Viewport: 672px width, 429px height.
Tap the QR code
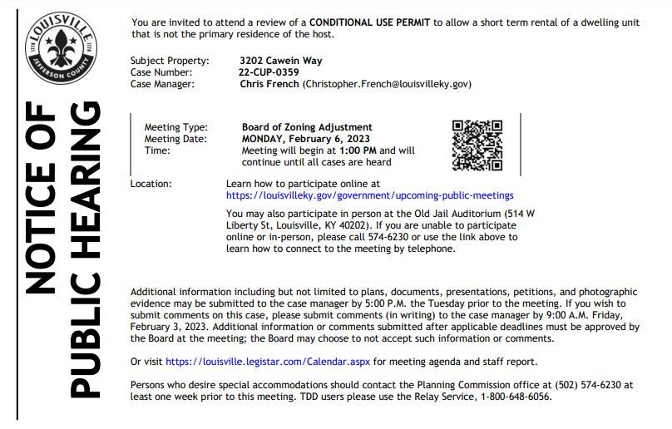[x=477, y=145]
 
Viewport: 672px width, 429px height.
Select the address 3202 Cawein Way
[x=280, y=61]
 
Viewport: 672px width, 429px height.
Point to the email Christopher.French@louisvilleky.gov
[x=388, y=84]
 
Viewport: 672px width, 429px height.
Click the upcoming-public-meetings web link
[x=369, y=195]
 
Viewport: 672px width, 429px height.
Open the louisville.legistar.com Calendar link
[x=267, y=362]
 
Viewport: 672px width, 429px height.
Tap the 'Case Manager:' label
[x=162, y=84]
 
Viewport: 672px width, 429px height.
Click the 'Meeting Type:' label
[x=175, y=127]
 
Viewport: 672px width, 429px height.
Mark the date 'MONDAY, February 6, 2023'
[x=306, y=139]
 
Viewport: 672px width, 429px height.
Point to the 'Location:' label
[x=151, y=184]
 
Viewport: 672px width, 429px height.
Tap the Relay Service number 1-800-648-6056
[x=509, y=397]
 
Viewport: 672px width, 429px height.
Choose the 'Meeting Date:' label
[x=175, y=139]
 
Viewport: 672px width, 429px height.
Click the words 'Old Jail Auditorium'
[x=455, y=214]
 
